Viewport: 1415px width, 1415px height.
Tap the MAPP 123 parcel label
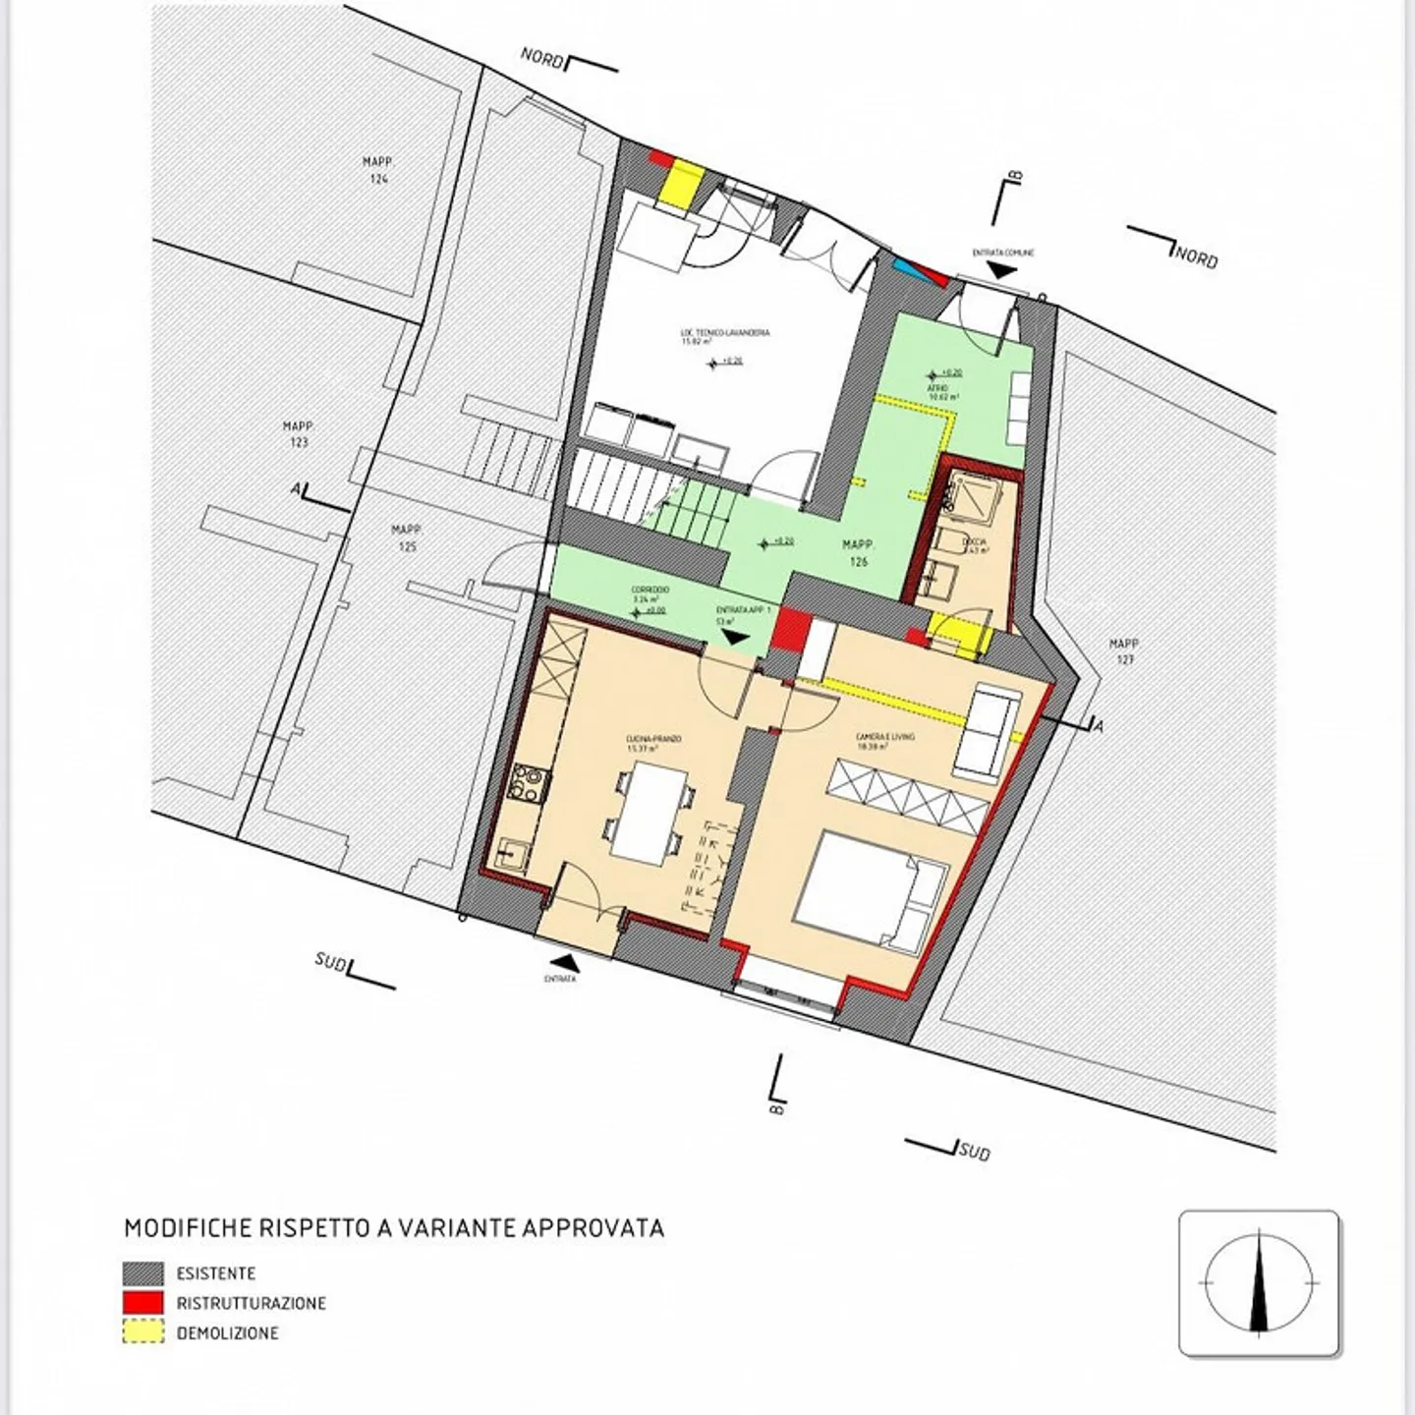tap(298, 434)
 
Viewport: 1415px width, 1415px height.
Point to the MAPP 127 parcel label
tap(1124, 651)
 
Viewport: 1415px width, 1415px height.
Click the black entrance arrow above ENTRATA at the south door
tap(561, 961)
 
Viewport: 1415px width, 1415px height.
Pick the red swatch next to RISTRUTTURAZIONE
tap(143, 1303)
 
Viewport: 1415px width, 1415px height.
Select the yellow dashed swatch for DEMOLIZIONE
tap(143, 1333)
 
